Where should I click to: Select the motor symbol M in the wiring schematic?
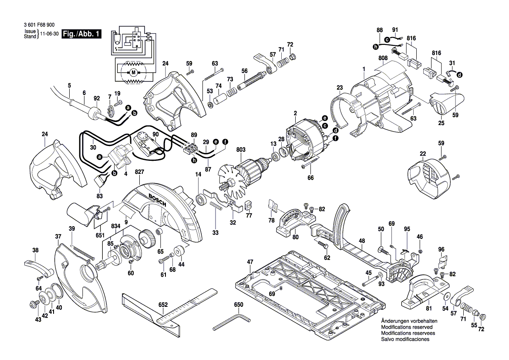click(x=134, y=71)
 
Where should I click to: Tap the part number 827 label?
click(x=139, y=173)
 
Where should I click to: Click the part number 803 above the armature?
click(x=241, y=150)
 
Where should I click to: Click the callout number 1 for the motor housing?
click(x=364, y=68)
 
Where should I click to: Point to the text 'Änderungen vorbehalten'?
click(x=409, y=321)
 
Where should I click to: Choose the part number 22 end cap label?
click(x=423, y=153)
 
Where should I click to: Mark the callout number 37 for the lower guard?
click(x=58, y=236)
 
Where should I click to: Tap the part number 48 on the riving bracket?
click(x=361, y=241)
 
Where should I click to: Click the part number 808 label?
click(x=383, y=58)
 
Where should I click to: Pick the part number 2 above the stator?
click(x=295, y=113)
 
